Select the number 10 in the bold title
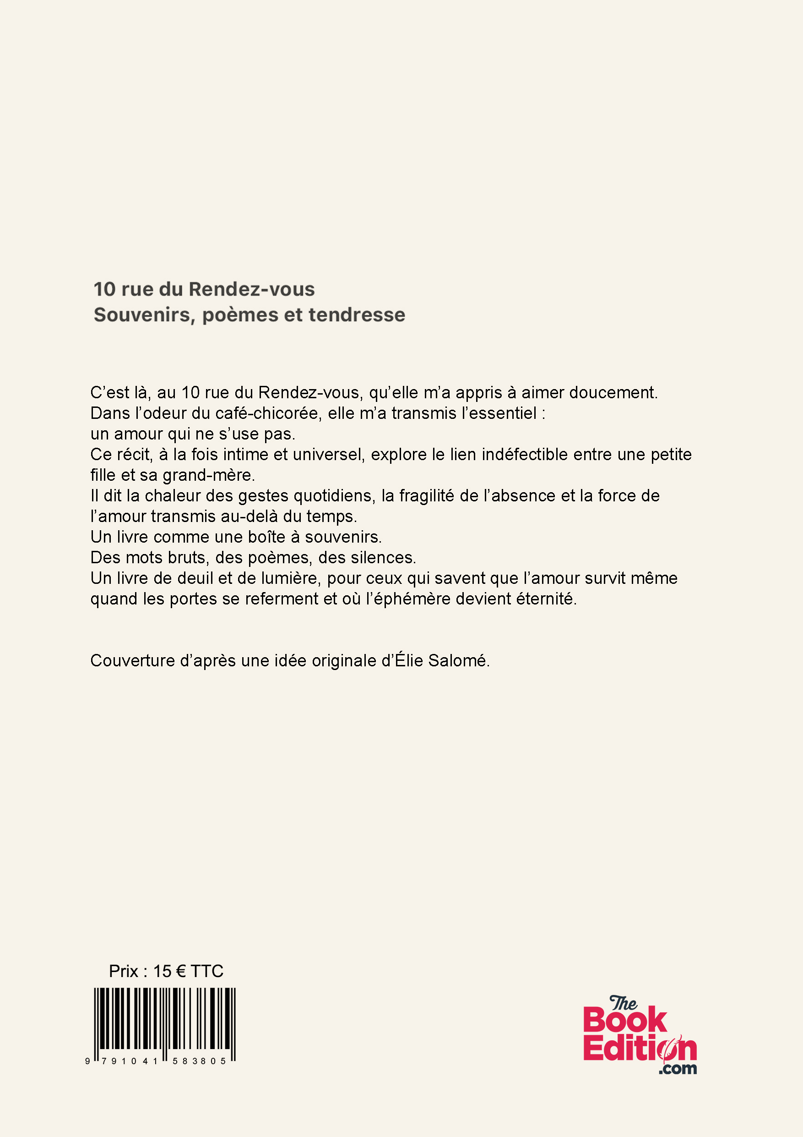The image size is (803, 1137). coord(104,289)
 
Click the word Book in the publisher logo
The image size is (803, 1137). coord(625,1021)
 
